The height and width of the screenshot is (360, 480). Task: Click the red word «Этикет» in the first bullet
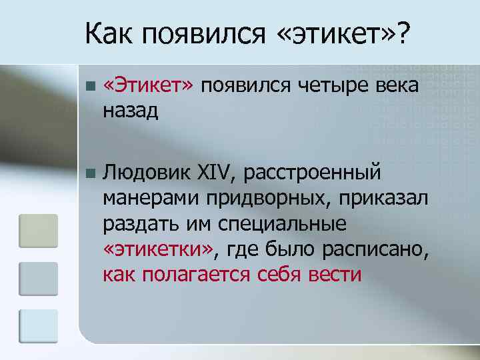(x=148, y=85)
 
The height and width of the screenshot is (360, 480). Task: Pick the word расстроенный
(x=313, y=173)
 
